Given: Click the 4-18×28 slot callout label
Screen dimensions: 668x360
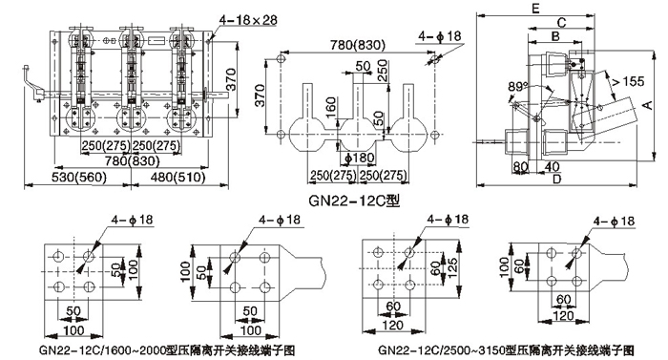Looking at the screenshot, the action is point(248,20).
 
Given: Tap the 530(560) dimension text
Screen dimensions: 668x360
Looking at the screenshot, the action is point(79,177).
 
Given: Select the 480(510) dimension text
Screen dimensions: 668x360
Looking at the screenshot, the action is point(178,177).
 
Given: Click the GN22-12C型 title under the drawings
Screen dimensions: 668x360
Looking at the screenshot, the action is point(354,201).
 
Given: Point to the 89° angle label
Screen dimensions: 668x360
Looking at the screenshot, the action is point(517,87).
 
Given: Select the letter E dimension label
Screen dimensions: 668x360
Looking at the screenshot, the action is point(535,8).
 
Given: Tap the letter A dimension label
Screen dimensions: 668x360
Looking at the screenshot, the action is point(647,105).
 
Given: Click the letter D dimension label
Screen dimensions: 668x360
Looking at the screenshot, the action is point(556,180).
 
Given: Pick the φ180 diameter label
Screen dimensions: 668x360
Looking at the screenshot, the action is point(360,159).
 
